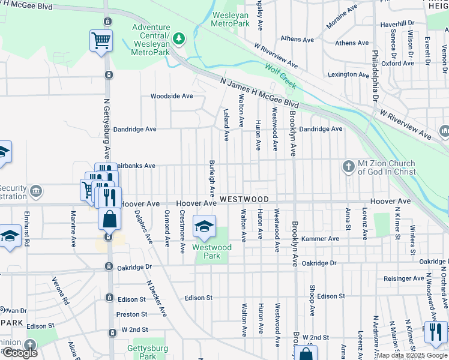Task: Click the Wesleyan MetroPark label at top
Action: tap(231, 18)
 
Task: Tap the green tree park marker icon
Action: tap(179, 39)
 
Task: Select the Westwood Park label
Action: tap(211, 251)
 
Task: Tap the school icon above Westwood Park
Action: tap(204, 226)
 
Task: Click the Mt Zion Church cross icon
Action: tap(349, 167)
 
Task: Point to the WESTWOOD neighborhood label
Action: tap(243, 199)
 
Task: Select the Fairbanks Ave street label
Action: tap(135, 166)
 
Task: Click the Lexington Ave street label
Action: tap(349, 75)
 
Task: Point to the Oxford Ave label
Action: tap(397, 63)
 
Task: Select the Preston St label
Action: tap(131, 314)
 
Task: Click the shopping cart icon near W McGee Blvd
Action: tap(101, 41)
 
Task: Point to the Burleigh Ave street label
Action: tap(212, 178)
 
